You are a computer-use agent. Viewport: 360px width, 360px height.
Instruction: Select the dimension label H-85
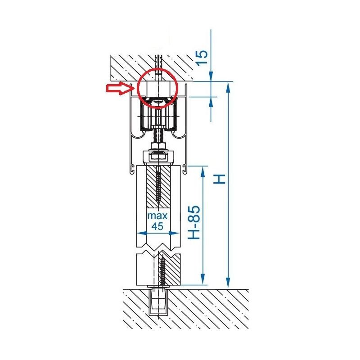(x=194, y=222)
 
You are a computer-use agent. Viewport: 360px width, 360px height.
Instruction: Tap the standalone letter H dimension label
(x=219, y=179)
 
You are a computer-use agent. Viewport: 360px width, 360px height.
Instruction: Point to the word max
(x=157, y=216)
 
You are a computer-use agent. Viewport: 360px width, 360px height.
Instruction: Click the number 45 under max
(x=157, y=226)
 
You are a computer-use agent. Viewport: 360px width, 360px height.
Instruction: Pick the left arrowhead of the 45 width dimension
(x=142, y=233)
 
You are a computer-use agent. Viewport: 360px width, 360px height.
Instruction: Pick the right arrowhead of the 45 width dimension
(x=174, y=233)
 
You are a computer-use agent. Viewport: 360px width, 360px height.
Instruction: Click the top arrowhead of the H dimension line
(x=228, y=88)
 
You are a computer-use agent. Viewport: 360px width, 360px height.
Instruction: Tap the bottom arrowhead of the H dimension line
(x=228, y=283)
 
